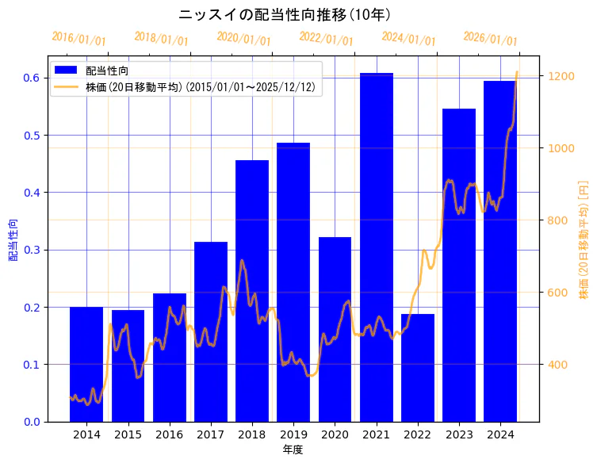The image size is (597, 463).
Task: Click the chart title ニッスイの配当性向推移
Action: (285, 15)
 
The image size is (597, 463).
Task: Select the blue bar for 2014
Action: (86, 364)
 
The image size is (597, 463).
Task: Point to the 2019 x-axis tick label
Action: (293, 434)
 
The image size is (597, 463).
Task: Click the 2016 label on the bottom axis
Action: (169, 434)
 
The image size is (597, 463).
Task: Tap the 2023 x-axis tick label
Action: (458, 434)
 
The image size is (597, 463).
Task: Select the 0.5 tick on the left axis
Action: (33, 136)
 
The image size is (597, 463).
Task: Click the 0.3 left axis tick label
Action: (33, 250)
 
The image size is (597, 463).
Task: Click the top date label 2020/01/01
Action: (243, 38)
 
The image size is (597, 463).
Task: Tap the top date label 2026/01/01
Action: (490, 38)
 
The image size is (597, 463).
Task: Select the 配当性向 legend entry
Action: (105, 71)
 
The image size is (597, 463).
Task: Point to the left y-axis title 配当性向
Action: (13, 239)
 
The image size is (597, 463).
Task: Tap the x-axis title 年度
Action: (293, 450)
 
